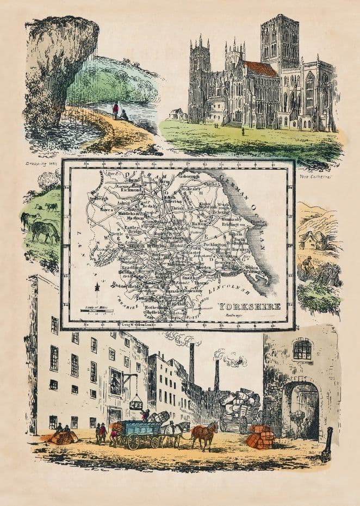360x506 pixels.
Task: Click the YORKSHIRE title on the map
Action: pyautogui.click(x=250, y=306)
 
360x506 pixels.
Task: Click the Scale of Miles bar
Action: pyautogui.click(x=96, y=311)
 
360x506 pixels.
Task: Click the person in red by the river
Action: pyautogui.click(x=115, y=109)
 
